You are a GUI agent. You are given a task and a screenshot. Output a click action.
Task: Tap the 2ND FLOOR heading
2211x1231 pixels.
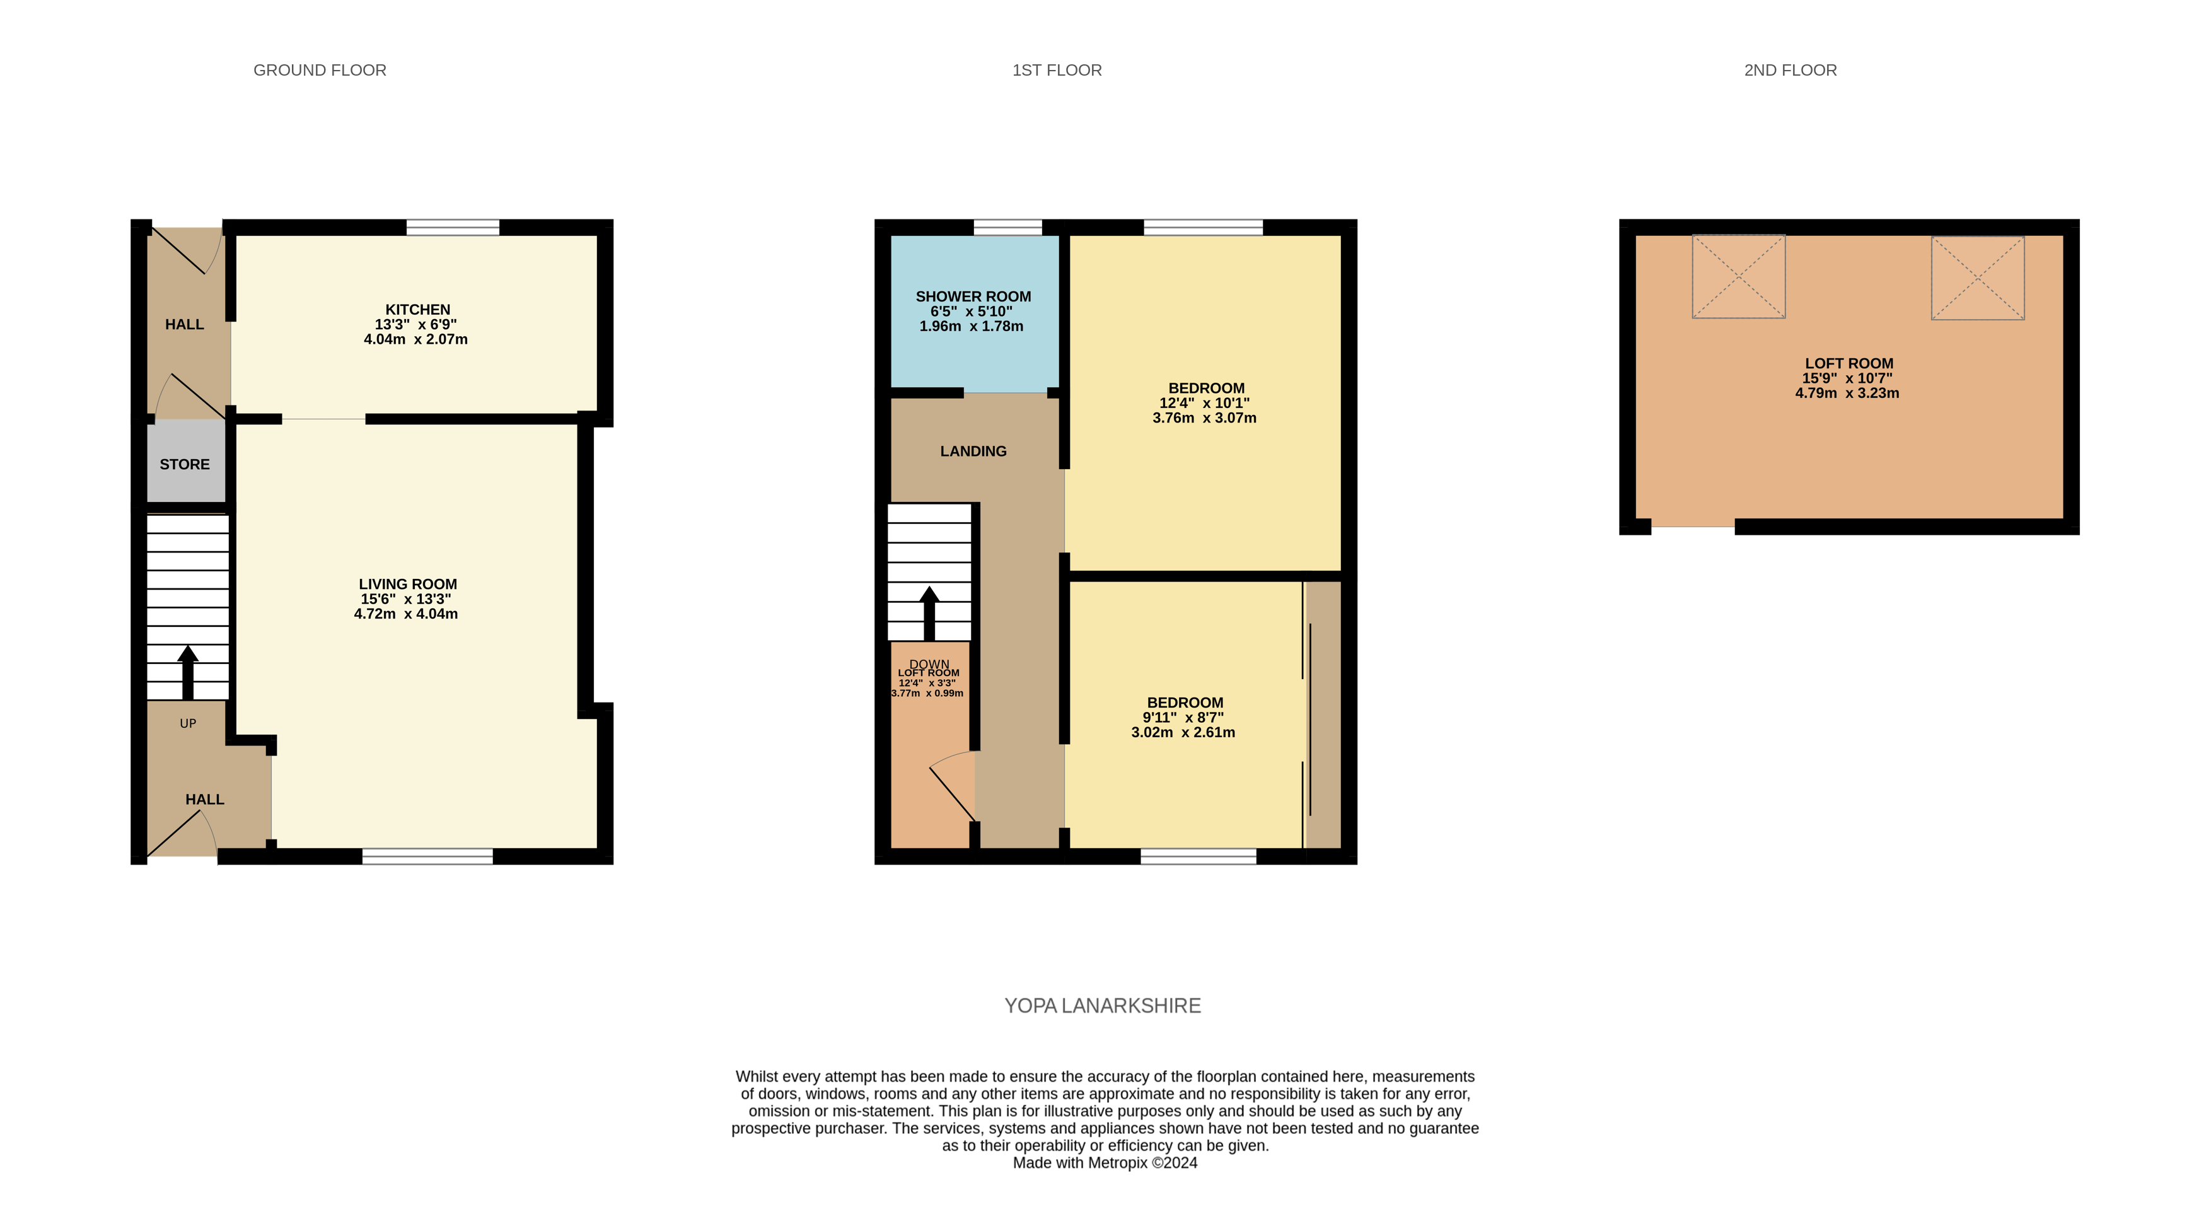pos(1790,71)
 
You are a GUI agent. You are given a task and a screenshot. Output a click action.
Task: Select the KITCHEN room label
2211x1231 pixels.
pos(417,310)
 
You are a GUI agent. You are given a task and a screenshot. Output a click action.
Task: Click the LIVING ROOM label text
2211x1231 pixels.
pos(408,585)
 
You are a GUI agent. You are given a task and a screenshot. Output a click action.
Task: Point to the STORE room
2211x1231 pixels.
pos(185,464)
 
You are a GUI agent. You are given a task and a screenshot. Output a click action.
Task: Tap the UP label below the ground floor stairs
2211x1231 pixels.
pos(188,724)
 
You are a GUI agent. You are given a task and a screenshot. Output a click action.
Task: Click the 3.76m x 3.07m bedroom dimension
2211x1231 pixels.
pos(1204,418)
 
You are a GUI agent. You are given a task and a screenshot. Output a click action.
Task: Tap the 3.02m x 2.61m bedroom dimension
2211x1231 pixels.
pos(1183,732)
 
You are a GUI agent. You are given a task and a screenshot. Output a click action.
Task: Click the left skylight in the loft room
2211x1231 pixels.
pos(1738,276)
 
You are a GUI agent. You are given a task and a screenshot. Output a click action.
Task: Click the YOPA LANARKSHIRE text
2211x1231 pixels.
pos(1102,1005)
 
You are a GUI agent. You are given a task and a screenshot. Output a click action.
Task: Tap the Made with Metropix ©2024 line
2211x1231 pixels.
pos(1105,1163)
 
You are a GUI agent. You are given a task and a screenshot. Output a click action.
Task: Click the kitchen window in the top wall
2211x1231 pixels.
pos(452,228)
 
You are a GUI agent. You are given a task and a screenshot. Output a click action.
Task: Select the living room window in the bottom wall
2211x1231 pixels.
pos(427,856)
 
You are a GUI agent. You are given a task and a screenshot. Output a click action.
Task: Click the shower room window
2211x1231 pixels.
pos(1007,228)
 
